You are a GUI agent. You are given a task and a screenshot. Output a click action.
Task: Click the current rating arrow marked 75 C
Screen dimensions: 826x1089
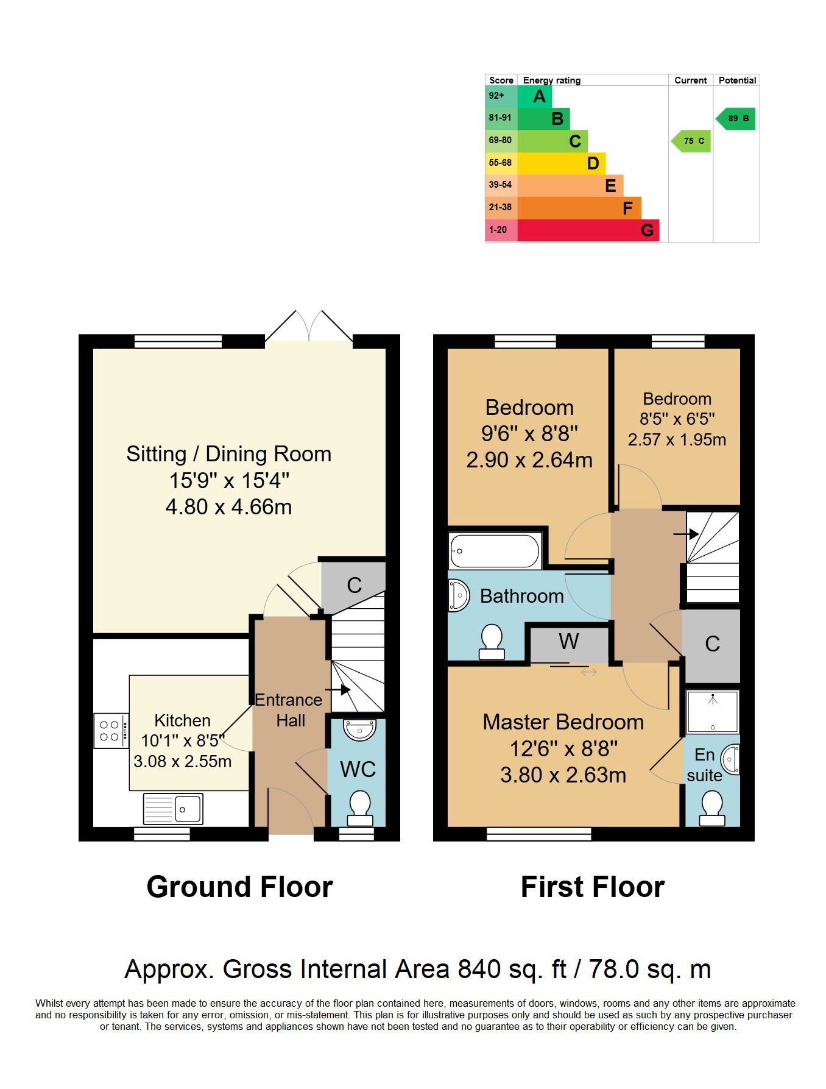(x=691, y=141)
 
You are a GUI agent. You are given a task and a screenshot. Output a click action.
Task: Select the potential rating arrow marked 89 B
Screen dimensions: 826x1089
(x=735, y=118)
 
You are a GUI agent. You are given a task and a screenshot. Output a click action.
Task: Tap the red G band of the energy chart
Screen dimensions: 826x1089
(x=588, y=230)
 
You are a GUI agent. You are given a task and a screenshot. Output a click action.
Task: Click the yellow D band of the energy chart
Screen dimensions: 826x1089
(x=561, y=163)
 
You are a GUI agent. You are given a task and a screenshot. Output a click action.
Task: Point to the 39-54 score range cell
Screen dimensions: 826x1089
(x=501, y=185)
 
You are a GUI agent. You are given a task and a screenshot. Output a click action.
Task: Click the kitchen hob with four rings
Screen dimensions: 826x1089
(x=111, y=731)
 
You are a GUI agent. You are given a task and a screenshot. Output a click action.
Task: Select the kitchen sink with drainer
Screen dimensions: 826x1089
(x=173, y=809)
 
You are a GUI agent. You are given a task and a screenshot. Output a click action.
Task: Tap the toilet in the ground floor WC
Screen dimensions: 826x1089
(x=359, y=808)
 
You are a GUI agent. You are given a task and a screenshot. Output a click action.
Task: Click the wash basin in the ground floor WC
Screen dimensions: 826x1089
(x=360, y=729)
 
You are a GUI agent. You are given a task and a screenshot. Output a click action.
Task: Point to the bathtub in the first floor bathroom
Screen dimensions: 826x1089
(x=495, y=551)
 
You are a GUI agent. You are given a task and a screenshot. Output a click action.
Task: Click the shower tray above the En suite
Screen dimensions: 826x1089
(x=713, y=711)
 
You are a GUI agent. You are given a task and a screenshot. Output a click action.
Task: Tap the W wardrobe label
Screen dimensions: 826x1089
(x=569, y=641)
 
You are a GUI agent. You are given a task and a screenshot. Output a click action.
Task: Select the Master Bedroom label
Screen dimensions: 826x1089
(x=563, y=722)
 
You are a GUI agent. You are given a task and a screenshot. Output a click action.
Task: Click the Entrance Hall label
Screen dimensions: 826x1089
(x=289, y=711)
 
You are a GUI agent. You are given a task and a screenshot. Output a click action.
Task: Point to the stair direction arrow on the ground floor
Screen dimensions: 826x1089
(x=337, y=690)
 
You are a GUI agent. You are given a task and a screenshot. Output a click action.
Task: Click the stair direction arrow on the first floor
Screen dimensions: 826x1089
(x=686, y=534)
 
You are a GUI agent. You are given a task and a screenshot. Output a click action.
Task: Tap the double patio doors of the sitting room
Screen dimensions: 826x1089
(x=309, y=326)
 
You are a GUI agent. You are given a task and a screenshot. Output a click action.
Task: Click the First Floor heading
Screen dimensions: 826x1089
(x=593, y=887)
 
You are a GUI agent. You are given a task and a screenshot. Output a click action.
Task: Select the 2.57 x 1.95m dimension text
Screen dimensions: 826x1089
(x=677, y=439)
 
